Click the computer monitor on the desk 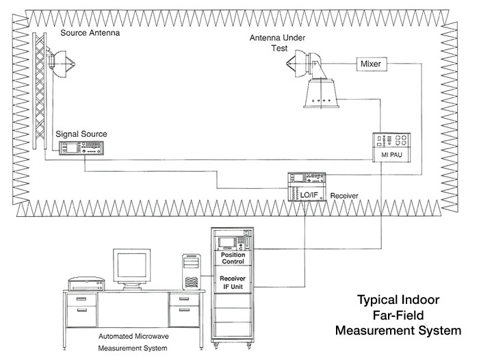tap(131, 269)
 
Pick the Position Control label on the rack tap(232, 259)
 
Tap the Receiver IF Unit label tap(232, 283)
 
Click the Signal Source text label tap(81, 133)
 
